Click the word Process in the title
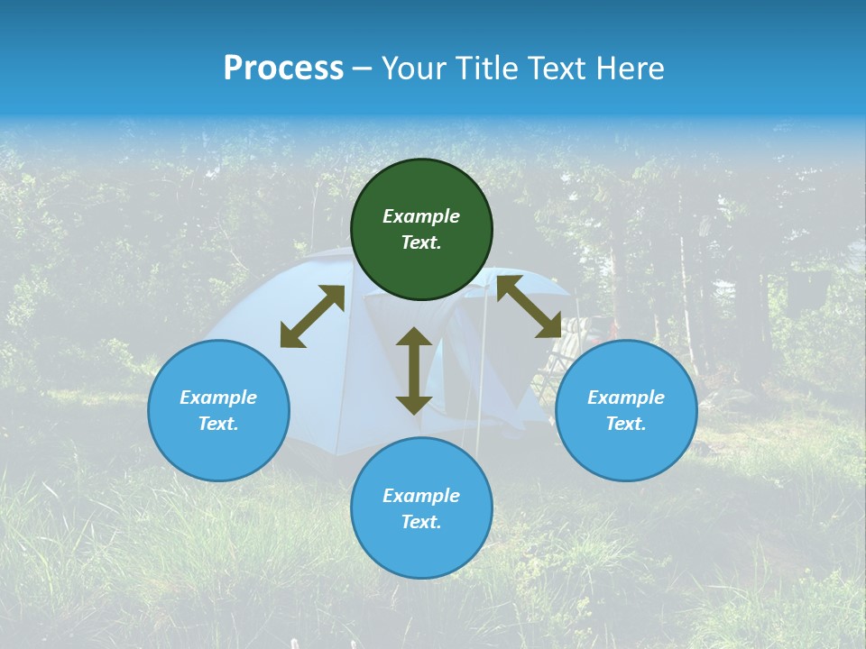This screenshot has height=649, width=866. (283, 69)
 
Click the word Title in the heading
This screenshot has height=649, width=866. (483, 69)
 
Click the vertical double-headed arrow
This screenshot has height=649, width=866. (414, 370)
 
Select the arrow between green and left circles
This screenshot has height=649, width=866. (312, 316)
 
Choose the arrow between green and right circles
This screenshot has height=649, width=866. (529, 306)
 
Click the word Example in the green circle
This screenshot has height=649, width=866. (421, 216)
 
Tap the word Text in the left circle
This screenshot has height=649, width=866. (218, 424)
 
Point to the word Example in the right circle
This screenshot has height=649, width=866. (626, 398)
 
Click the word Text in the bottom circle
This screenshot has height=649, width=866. (421, 522)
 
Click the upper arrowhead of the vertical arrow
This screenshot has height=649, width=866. (414, 338)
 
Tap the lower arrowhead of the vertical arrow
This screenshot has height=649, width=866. (414, 404)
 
